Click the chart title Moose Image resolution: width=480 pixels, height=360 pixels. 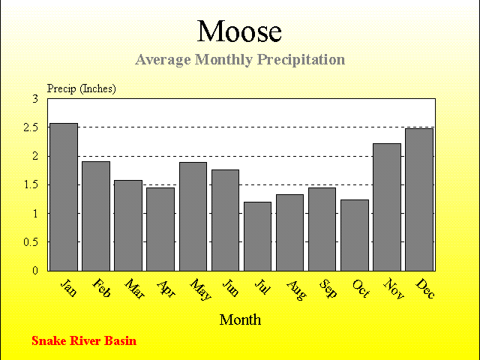(x=239, y=31)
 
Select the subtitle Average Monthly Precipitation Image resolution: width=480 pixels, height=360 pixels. (x=240, y=59)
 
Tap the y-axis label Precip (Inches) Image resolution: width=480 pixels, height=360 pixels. (x=82, y=88)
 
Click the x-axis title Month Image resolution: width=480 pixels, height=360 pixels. (x=240, y=320)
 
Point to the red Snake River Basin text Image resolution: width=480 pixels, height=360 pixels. (x=84, y=340)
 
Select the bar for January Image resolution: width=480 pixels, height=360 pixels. (x=64, y=197)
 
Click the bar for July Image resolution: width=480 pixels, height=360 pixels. (x=257, y=236)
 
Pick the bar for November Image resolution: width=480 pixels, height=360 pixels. (x=387, y=207)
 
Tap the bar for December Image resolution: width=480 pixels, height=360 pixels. (x=419, y=199)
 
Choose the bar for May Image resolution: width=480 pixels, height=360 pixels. (x=193, y=217)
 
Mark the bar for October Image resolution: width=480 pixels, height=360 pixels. (x=355, y=235)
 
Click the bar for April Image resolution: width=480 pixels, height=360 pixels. (x=160, y=229)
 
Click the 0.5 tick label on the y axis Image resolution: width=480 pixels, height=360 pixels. (x=31, y=242)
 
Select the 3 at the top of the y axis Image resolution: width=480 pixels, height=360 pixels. (x=35, y=99)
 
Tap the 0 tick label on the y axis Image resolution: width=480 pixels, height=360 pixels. (x=35, y=271)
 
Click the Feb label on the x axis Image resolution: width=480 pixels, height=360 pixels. (x=101, y=288)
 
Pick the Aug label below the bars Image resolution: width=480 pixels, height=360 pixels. (x=296, y=290)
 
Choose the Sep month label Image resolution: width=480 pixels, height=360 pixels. (x=328, y=288)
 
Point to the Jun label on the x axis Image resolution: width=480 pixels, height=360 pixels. (x=230, y=287)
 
